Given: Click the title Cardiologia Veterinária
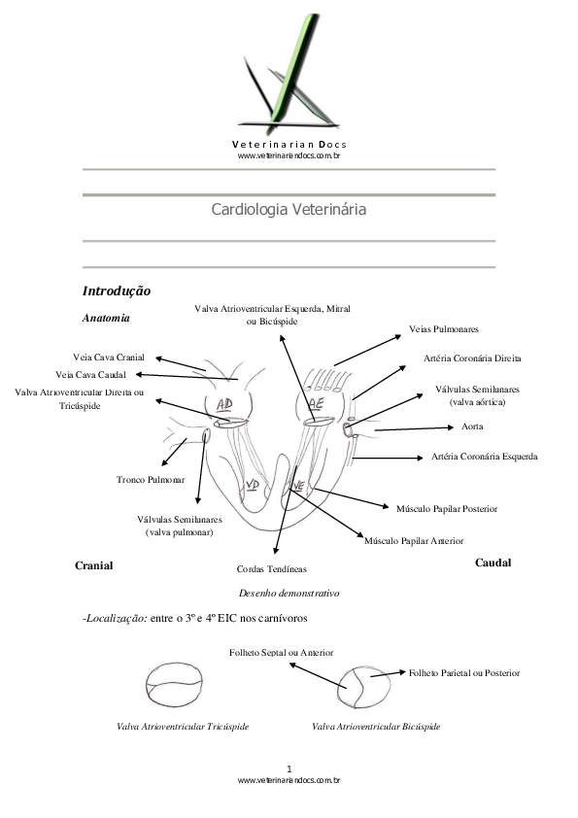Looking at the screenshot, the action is tap(289, 209).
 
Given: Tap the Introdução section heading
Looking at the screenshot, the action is tap(116, 290).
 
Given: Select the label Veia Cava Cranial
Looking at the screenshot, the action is tap(109, 358).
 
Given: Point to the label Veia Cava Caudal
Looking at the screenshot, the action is tap(91, 374).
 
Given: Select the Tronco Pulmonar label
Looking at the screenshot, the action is tap(151, 480).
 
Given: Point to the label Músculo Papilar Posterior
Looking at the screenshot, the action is tap(447, 508).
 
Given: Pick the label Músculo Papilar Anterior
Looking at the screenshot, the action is tap(414, 540).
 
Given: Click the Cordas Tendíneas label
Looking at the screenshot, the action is tap(271, 569).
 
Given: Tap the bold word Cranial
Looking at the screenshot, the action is tap(94, 565).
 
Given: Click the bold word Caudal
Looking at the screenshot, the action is tap(493, 563).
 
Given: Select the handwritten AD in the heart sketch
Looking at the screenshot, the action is tap(223, 404).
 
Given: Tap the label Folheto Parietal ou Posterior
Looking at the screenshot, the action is tap(464, 673).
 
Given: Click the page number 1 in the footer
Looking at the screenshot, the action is tap(289, 768).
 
